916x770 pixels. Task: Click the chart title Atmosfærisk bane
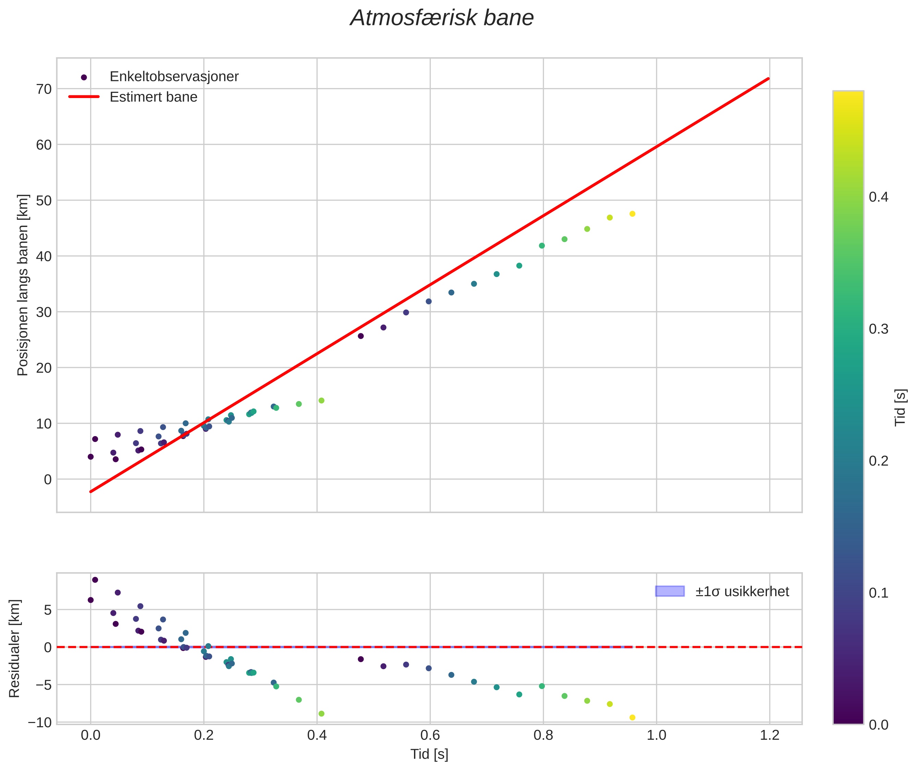click(442, 18)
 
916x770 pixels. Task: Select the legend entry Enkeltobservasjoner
click(174, 77)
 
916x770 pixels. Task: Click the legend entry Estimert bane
click(153, 97)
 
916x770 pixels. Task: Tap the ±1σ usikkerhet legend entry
click(742, 591)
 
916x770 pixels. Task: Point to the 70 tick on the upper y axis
click(44, 89)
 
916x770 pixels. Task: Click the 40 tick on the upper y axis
click(44, 256)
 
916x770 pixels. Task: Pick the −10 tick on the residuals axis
click(40, 722)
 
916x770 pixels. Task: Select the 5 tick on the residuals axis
click(48, 610)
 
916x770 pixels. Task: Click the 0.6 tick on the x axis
click(430, 735)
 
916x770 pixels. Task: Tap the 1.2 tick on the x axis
click(769, 735)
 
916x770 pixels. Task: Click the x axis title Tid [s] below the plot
click(429, 754)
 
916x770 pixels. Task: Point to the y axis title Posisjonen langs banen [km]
click(23, 285)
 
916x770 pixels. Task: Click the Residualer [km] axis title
click(14, 649)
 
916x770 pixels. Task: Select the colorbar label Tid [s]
click(900, 407)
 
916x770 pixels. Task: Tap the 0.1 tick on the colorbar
click(878, 593)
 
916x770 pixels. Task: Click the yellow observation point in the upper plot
click(632, 214)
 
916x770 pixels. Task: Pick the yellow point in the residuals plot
click(632, 718)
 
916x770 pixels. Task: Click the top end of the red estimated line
click(769, 79)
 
